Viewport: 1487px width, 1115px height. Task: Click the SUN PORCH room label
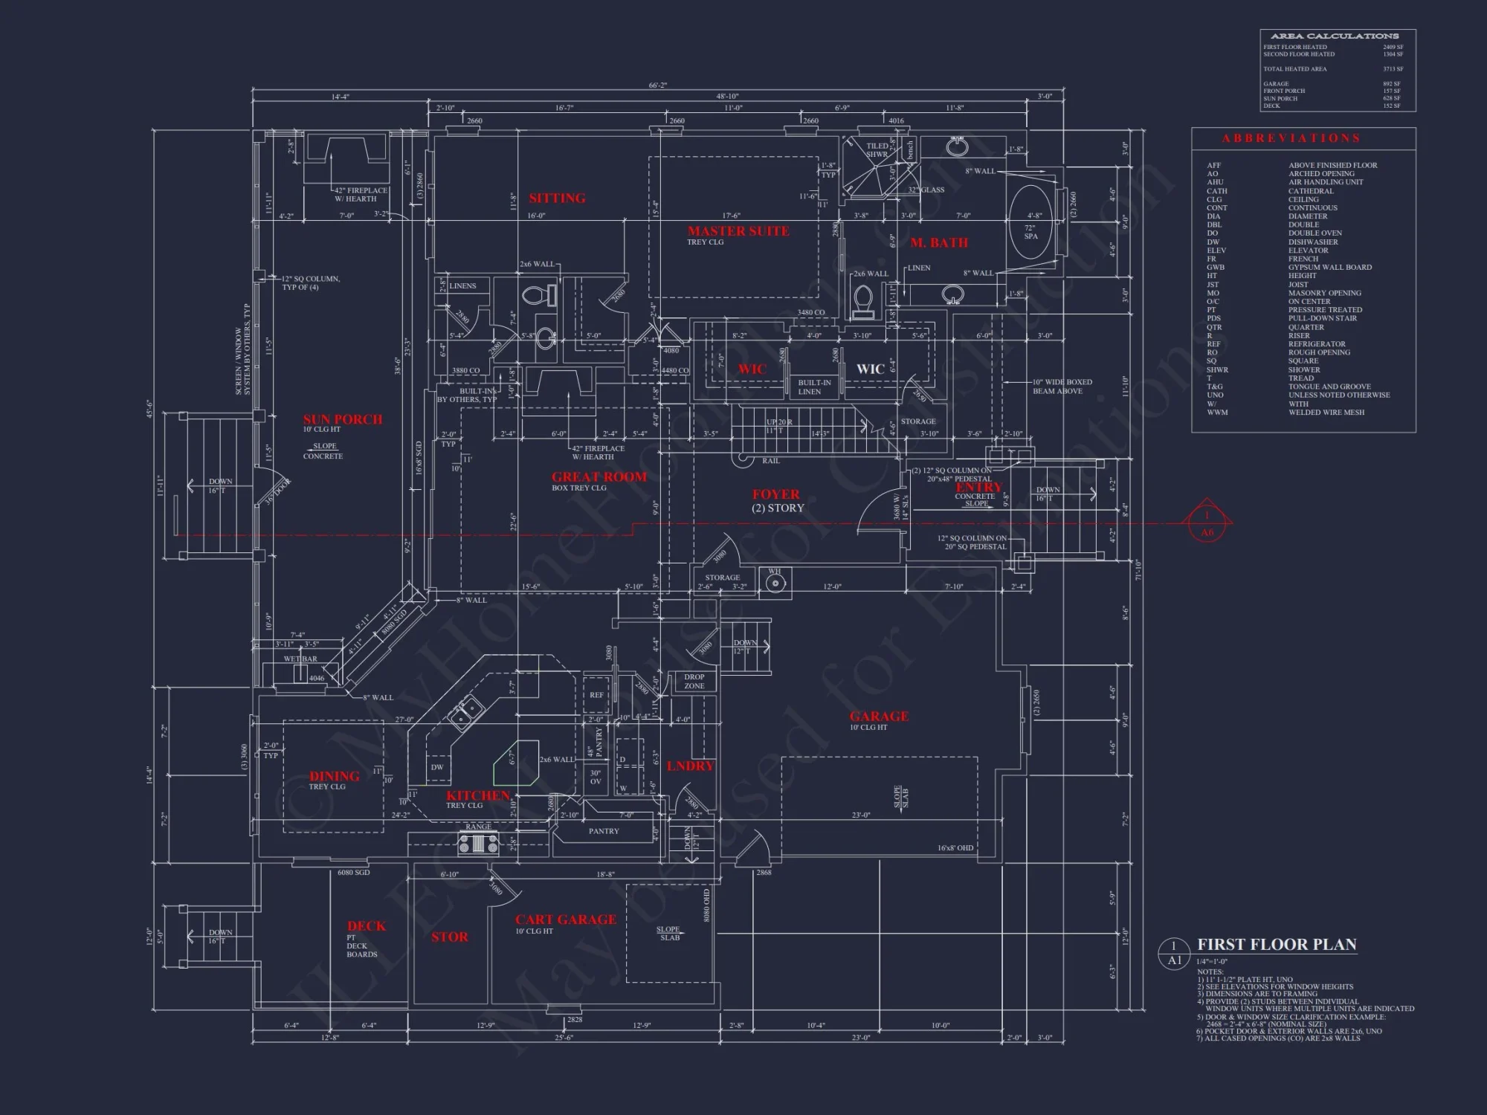[x=343, y=420]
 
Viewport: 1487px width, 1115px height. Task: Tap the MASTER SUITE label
[x=738, y=231]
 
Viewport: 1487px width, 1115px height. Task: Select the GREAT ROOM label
[x=599, y=477]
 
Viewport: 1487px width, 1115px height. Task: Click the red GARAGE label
[x=879, y=717]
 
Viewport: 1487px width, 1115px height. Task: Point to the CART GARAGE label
[x=566, y=920]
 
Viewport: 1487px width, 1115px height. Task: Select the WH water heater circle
[x=775, y=584]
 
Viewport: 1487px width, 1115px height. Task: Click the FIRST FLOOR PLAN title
[x=1277, y=945]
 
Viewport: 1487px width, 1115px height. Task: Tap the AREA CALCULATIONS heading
[x=1334, y=36]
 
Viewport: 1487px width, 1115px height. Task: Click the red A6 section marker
[x=1207, y=524]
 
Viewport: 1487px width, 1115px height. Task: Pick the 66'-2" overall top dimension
[x=657, y=85]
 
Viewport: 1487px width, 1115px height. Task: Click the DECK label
[x=367, y=926]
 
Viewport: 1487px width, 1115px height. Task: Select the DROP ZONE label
[x=694, y=682]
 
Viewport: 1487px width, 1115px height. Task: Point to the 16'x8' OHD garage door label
[x=955, y=848]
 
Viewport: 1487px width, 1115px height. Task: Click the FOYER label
[x=775, y=494]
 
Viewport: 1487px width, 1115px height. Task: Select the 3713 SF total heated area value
[x=1393, y=69]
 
